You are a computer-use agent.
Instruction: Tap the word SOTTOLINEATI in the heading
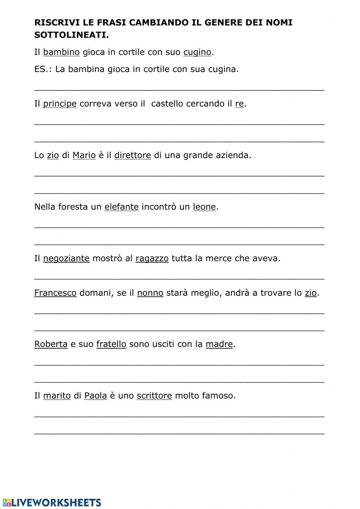click(71, 35)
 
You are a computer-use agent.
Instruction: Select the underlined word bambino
click(61, 52)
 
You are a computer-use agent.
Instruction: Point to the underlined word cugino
click(197, 52)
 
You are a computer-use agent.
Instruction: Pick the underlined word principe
click(60, 104)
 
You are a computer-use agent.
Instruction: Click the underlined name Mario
click(84, 155)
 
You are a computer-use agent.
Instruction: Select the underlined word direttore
click(132, 155)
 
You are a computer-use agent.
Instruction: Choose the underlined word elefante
click(121, 207)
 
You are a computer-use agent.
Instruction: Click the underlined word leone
click(204, 207)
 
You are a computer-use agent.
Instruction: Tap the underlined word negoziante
click(66, 258)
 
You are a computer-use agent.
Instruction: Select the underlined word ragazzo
click(152, 258)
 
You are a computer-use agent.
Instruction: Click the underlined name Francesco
click(55, 293)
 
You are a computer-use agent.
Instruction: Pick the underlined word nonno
click(150, 293)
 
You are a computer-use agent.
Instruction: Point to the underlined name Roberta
click(51, 344)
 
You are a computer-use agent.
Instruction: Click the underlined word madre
click(219, 344)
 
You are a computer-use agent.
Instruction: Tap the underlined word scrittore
click(154, 396)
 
